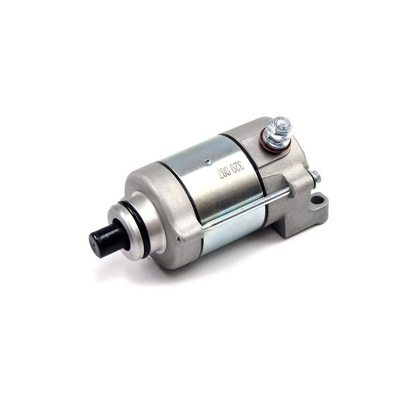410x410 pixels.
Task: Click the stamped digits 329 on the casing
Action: (239, 166)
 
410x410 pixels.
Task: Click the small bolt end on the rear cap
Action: (317, 177)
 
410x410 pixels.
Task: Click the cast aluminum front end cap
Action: (169, 215)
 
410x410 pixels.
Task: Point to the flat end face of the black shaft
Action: (96, 240)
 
